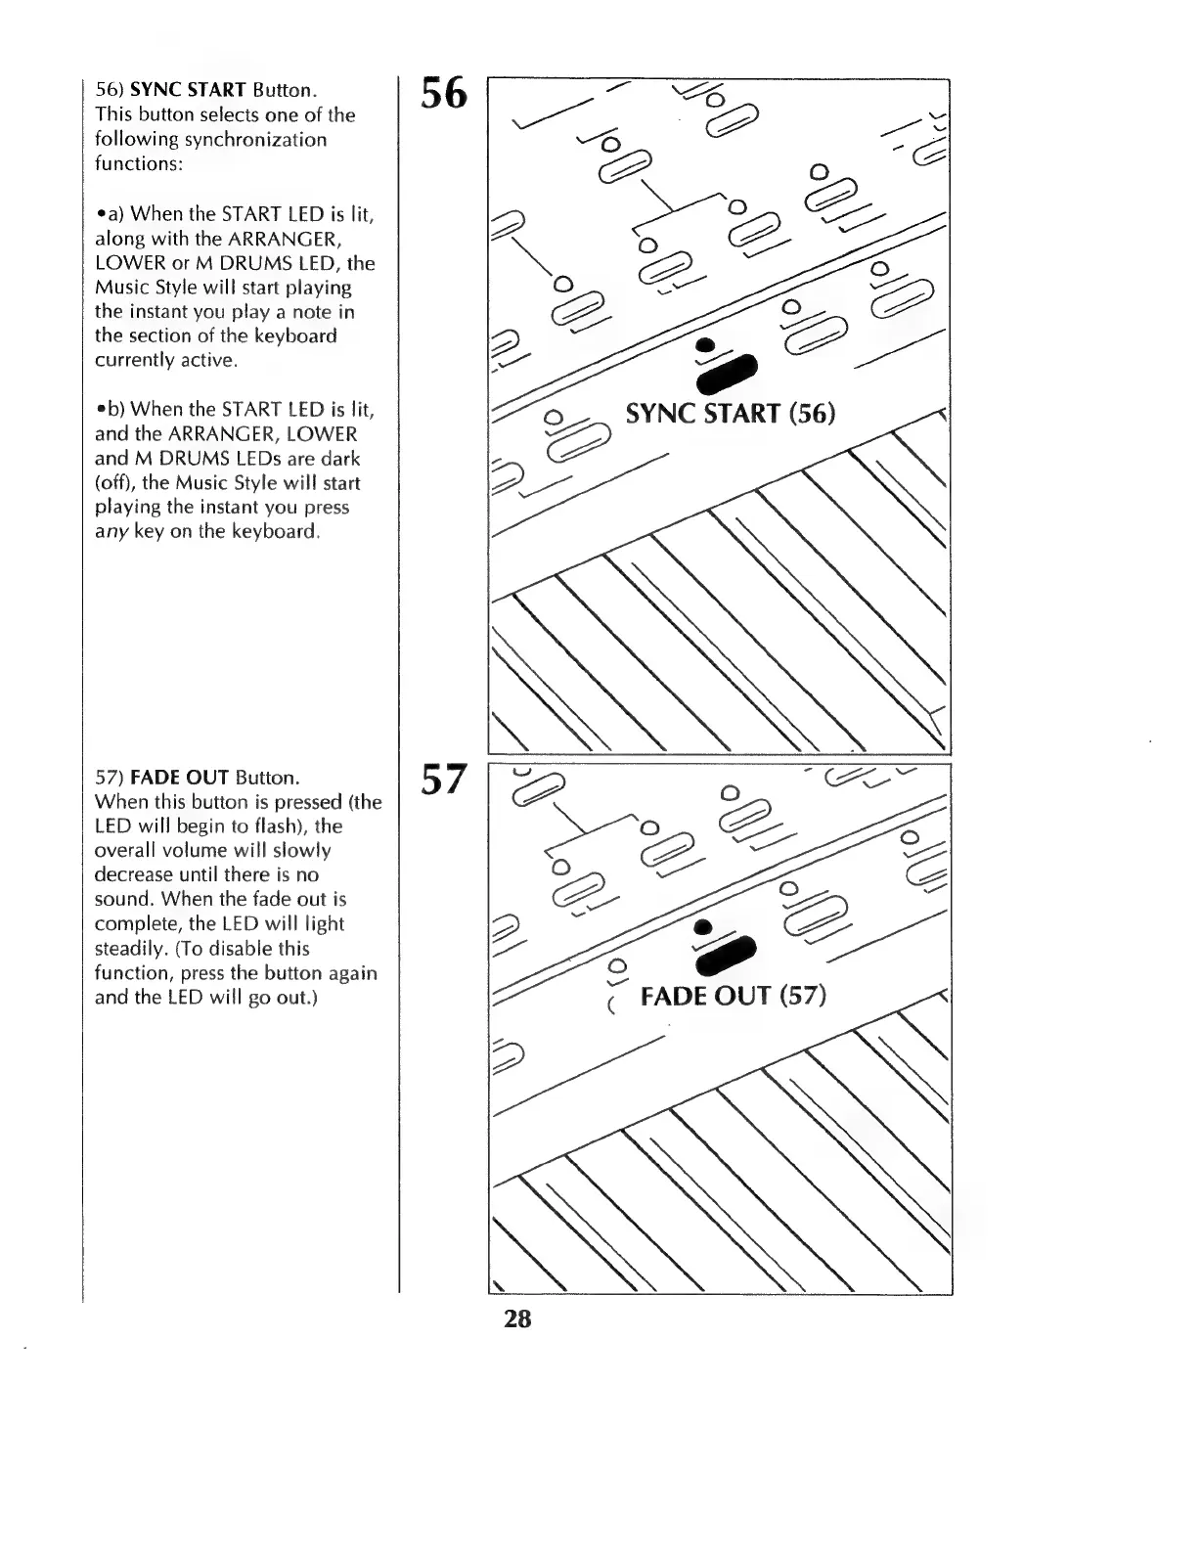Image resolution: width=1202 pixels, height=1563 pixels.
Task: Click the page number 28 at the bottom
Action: click(517, 1318)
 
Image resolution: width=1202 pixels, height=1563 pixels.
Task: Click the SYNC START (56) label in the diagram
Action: click(730, 414)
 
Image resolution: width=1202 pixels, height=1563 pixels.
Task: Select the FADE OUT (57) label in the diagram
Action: click(733, 997)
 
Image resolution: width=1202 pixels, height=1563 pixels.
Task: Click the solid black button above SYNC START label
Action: click(726, 373)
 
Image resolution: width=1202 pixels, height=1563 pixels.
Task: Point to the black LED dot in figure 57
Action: click(701, 927)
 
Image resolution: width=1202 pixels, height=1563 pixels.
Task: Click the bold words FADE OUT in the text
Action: click(179, 779)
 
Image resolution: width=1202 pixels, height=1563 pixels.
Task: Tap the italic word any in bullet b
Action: click(109, 532)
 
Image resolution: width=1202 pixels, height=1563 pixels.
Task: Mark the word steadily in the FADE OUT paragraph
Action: click(126, 949)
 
